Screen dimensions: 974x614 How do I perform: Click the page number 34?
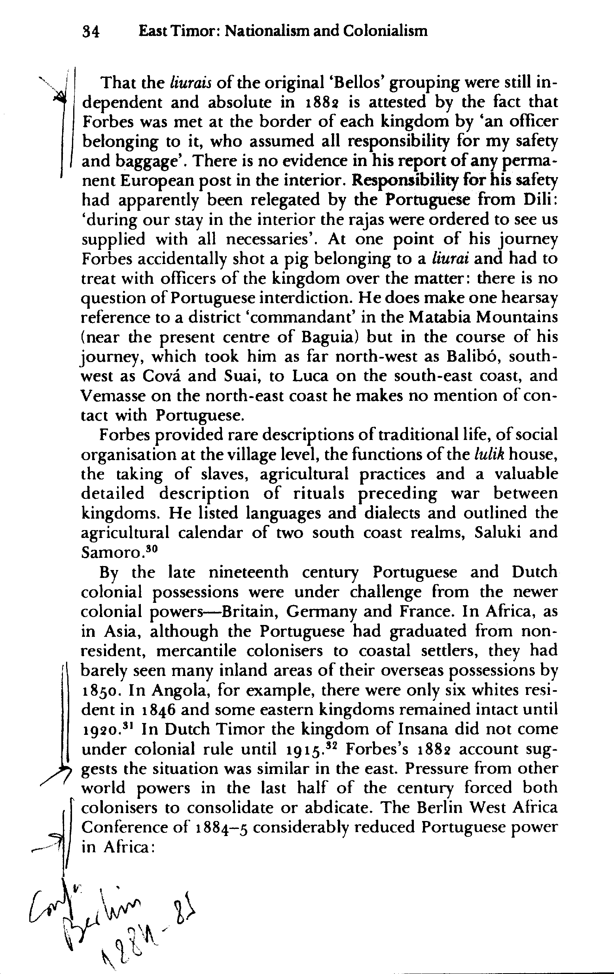coord(91,32)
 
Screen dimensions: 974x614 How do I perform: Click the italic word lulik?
coord(489,455)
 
